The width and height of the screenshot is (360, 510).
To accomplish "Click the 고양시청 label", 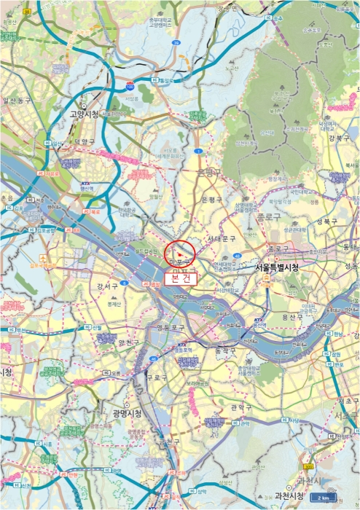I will pos(85,114).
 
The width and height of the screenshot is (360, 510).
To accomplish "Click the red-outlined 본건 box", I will pos(180,278).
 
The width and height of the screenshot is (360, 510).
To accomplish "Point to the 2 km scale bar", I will pos(324,498).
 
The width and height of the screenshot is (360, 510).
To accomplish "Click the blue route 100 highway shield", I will pos(130,87).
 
